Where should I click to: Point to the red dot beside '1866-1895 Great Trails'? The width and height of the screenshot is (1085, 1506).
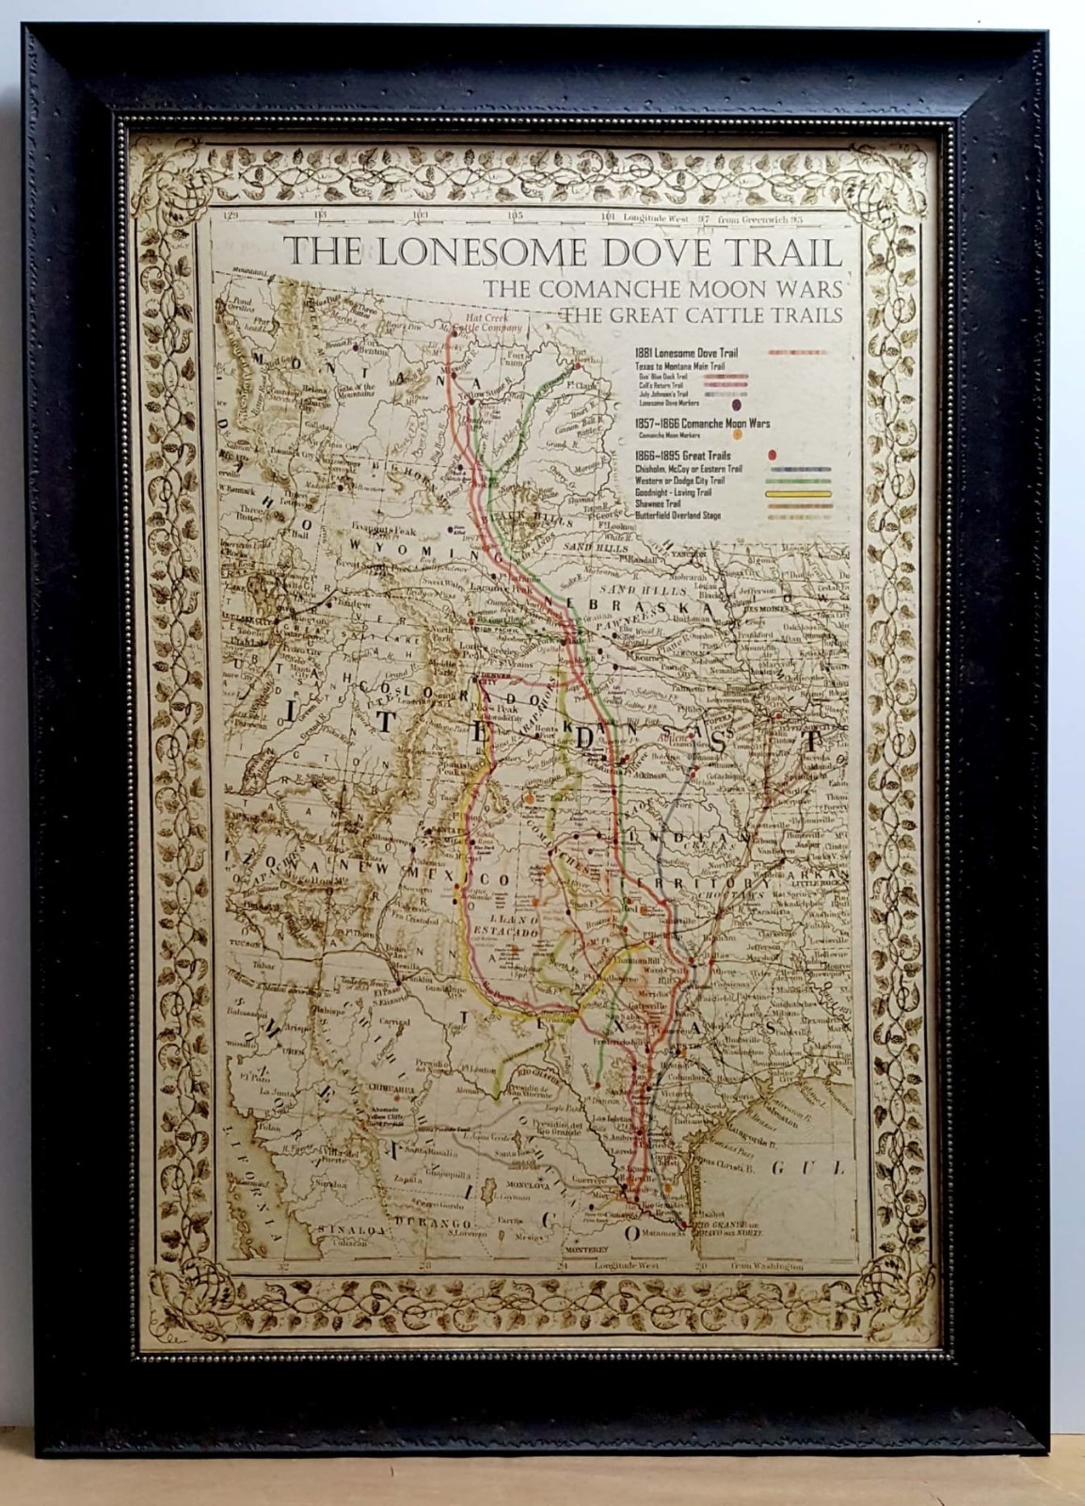point(772,456)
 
